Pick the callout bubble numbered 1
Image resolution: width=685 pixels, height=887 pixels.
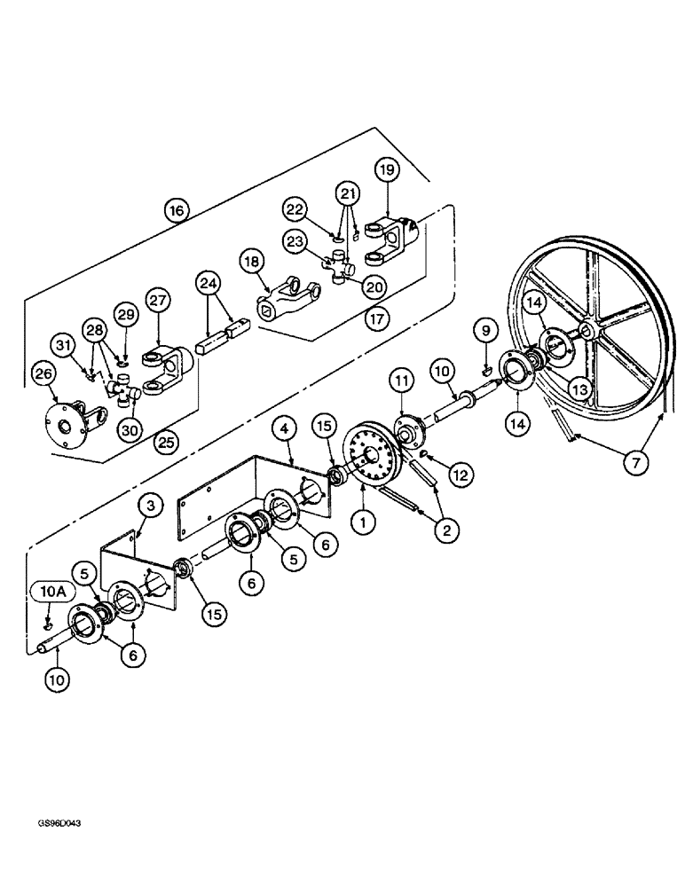click(361, 522)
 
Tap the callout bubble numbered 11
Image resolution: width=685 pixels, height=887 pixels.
click(400, 382)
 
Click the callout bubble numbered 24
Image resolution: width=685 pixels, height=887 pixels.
click(208, 283)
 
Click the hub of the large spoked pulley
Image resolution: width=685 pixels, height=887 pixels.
click(587, 334)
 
